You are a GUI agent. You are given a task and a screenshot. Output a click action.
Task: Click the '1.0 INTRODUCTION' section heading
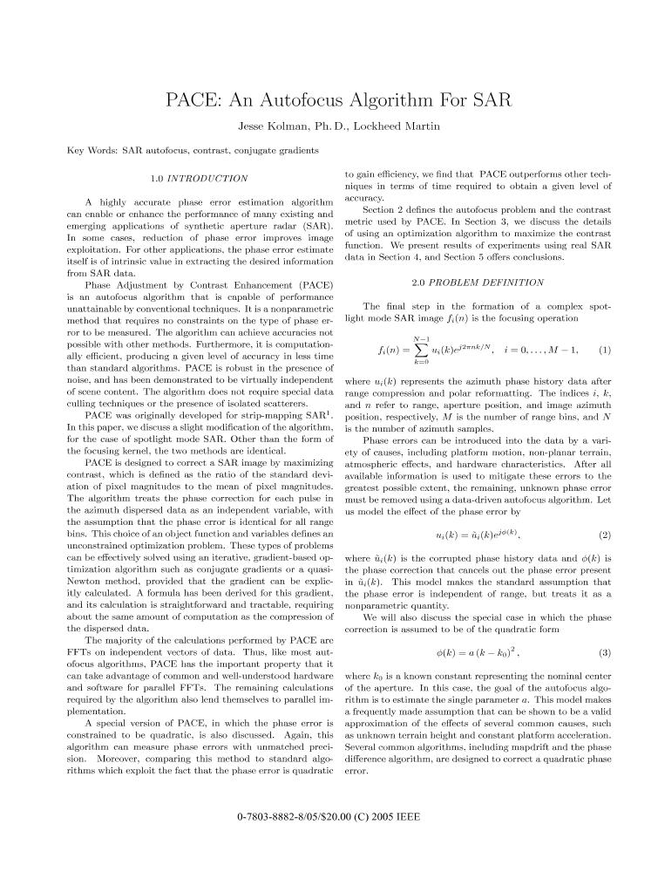coord(199,179)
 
